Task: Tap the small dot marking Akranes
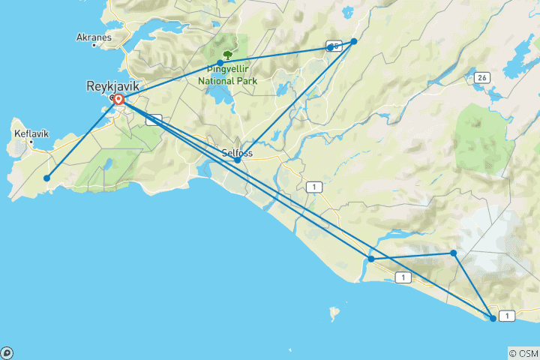94,45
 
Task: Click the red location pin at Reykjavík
119,98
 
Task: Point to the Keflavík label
31,133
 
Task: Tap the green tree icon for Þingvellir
227,54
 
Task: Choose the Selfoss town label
238,153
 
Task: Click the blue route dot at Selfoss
238,160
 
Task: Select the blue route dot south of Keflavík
47,178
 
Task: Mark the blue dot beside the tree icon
220,63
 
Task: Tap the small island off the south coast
333,312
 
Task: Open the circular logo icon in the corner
6,353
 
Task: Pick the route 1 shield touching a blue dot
508,316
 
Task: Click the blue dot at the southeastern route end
493,319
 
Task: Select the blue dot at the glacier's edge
454,253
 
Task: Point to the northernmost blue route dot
354,42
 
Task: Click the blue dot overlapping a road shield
331,47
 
